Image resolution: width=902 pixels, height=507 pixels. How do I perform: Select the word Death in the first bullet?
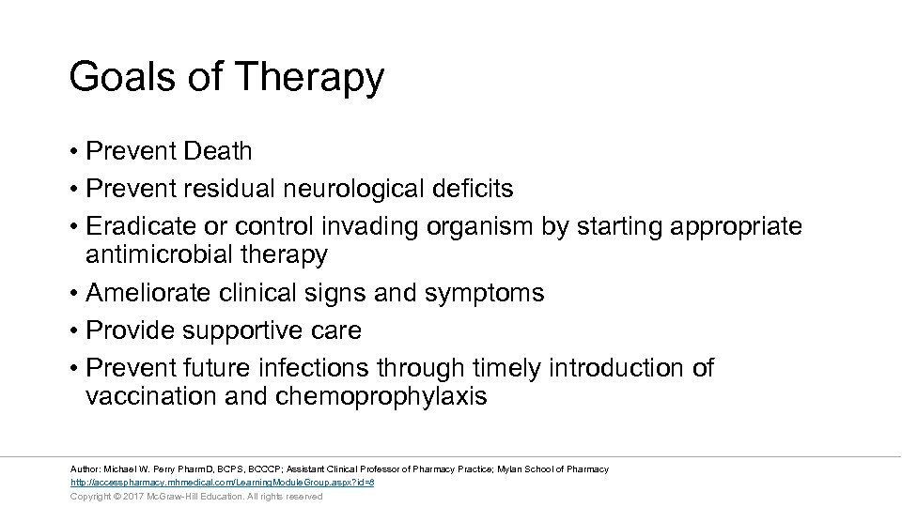tap(218, 151)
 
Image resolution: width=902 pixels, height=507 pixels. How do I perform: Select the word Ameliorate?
tap(148, 293)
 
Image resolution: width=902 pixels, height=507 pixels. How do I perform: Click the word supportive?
tap(239, 330)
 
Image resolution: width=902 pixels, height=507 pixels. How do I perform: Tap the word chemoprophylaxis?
tap(381, 396)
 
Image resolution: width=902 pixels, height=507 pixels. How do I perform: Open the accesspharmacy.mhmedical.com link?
tap(223, 483)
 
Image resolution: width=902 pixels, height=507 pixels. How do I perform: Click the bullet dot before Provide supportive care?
tap(73, 331)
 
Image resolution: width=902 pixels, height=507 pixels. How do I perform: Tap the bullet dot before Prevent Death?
tap(73, 151)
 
